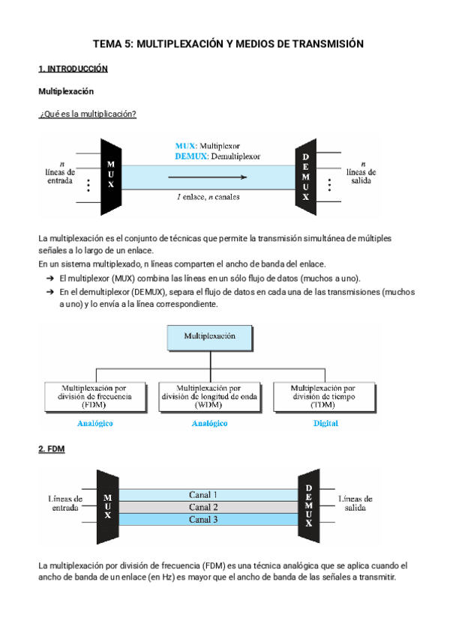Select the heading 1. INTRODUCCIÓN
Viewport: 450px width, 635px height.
(x=73, y=69)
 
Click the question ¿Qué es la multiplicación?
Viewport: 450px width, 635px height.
(x=87, y=113)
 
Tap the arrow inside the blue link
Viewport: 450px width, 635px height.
(x=206, y=177)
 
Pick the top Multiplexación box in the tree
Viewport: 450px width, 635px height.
(x=210, y=337)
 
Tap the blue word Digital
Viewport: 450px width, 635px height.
(x=325, y=423)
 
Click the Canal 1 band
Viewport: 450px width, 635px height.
(x=204, y=495)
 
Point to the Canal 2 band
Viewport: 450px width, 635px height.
(x=204, y=507)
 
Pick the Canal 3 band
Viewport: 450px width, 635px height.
(x=204, y=519)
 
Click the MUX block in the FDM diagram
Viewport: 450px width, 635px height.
(x=109, y=506)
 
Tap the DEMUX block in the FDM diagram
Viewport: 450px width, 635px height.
(x=307, y=506)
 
